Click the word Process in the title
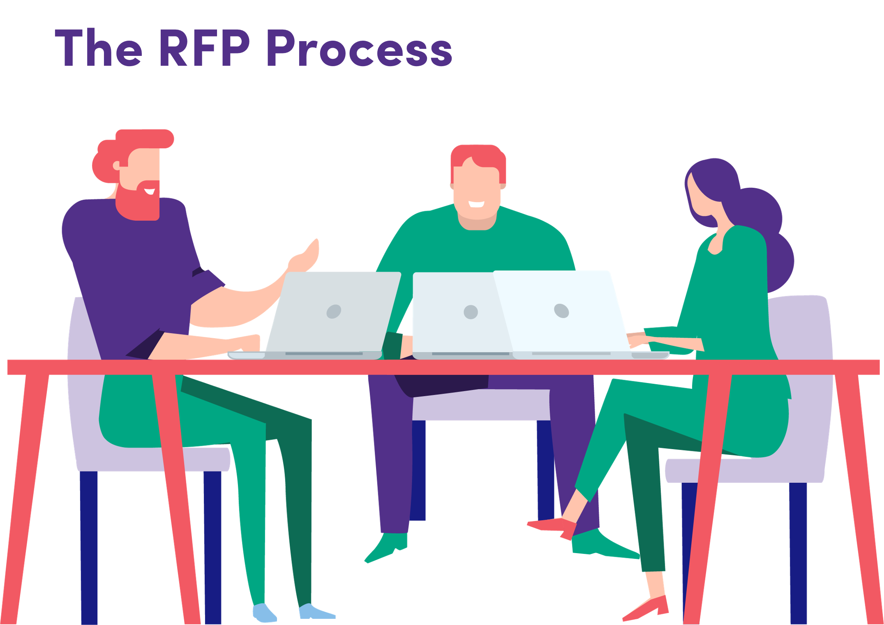point(360,48)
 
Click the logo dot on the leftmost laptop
point(334,311)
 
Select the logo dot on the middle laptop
point(471,312)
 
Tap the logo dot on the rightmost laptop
point(561,311)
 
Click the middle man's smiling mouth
point(477,204)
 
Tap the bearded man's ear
point(116,166)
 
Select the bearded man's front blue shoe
point(317,611)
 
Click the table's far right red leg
point(859,497)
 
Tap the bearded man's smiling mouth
point(150,191)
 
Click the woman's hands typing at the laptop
point(641,339)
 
